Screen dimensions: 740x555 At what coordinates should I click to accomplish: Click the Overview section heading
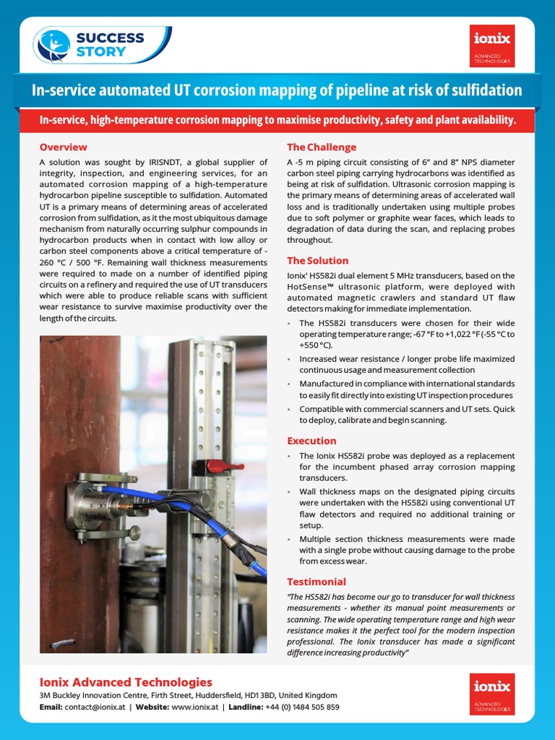coord(63,147)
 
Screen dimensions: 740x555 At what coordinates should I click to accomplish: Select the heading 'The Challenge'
coord(322,147)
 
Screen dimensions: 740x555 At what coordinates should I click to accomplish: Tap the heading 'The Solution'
coord(317,261)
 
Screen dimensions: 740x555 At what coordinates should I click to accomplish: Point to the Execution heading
coord(311,441)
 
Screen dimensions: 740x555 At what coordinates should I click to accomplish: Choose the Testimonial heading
coord(317,582)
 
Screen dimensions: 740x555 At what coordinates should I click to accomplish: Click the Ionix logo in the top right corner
coord(491,46)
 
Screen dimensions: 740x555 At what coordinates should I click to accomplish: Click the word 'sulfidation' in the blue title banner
coord(481,90)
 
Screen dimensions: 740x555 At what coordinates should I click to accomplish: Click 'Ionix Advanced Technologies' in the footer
coord(126,682)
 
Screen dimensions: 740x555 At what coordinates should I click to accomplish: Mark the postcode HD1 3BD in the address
coord(260,695)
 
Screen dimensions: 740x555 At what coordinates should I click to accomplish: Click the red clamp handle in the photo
coord(217,465)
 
